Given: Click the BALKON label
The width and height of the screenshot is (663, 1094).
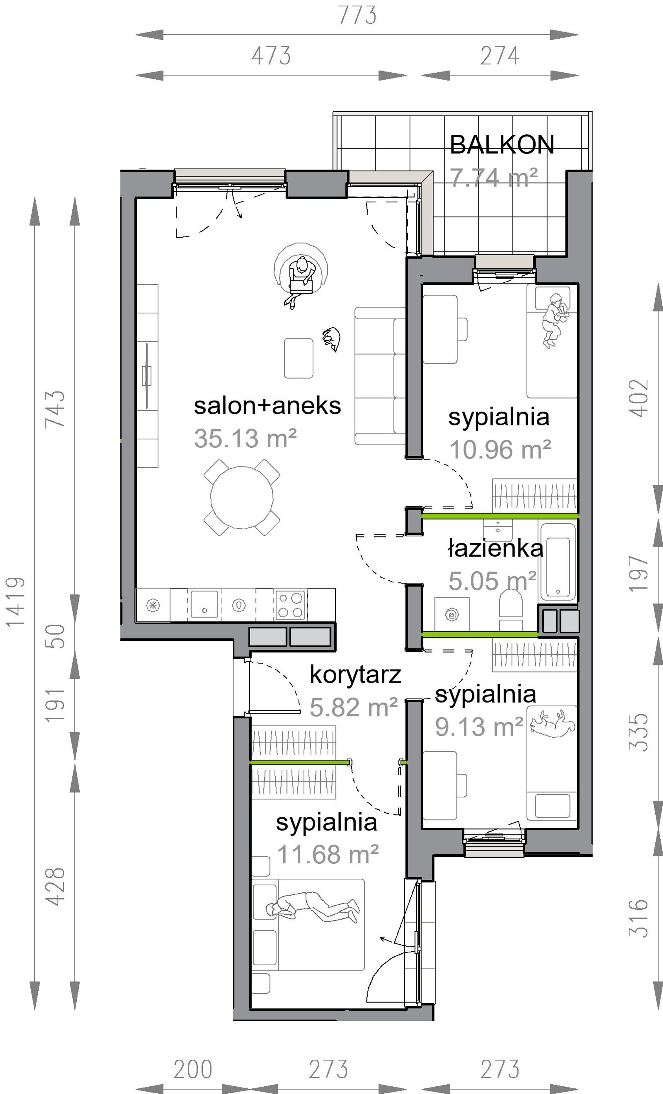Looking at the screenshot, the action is [502, 145].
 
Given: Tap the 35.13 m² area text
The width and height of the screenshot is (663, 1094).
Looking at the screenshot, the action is [245, 439].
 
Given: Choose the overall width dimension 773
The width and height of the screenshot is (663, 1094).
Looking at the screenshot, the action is [357, 15].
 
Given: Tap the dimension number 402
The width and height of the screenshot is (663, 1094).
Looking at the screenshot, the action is [639, 398].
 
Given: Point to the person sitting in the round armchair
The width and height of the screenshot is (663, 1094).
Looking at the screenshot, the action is [301, 281].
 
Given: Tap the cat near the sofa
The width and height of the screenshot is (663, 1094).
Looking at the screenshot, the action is [331, 339].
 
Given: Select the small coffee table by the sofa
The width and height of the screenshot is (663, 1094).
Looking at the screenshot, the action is [298, 358].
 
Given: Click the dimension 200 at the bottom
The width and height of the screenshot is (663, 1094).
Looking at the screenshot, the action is [193, 1070].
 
